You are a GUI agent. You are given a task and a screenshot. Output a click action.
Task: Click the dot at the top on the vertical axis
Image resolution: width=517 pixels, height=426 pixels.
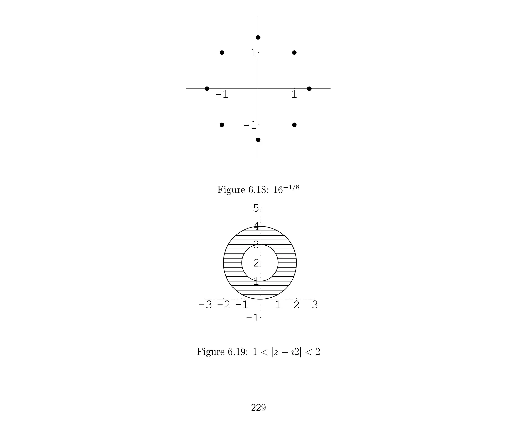[258, 38]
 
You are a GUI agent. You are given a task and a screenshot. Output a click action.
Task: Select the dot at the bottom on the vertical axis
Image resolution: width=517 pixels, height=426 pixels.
[258, 140]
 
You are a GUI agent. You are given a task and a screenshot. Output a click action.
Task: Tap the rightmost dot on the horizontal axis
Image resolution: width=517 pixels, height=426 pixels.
[309, 89]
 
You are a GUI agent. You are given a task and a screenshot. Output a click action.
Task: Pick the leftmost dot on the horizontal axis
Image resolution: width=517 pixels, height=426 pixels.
[207, 89]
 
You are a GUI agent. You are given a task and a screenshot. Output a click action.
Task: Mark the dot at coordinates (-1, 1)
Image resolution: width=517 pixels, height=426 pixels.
[222, 53]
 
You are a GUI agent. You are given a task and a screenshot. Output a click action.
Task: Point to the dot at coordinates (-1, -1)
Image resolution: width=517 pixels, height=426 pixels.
[222, 125]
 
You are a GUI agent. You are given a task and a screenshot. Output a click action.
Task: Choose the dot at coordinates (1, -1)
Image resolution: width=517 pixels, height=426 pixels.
[294, 125]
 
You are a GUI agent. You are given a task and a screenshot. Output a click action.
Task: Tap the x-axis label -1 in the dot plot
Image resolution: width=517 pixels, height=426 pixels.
[222, 95]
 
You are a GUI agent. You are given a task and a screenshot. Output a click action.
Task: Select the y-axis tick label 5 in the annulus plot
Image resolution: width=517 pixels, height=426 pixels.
[256, 208]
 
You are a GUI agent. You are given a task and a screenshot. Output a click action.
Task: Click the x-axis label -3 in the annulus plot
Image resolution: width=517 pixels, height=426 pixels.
[205, 305]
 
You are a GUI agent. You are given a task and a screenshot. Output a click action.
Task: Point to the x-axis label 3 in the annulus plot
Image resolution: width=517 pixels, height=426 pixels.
[315, 305]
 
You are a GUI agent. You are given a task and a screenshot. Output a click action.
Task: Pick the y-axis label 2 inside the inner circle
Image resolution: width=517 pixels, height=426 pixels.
[256, 263]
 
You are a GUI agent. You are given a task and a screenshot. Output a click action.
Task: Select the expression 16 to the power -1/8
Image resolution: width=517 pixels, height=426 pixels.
[286, 189]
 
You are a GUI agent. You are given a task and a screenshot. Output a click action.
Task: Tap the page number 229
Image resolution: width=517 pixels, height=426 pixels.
[258, 408]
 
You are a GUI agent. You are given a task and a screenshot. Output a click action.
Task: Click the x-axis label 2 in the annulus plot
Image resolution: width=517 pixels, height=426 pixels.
[296, 305]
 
